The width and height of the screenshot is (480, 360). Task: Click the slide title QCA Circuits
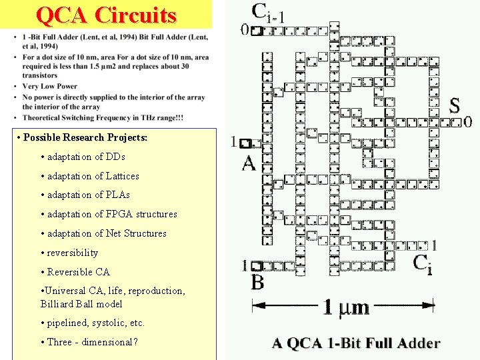(107, 15)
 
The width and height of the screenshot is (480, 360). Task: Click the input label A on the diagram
(249, 163)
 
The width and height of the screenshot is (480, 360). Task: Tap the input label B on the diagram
(257, 283)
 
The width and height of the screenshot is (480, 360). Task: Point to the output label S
(454, 106)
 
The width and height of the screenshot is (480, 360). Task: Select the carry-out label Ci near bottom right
(422, 264)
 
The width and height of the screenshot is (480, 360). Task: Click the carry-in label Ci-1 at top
(268, 12)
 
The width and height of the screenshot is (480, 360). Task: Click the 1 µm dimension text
(346, 307)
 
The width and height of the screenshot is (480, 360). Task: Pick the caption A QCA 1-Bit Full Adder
(356, 344)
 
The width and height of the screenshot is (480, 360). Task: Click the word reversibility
(73, 253)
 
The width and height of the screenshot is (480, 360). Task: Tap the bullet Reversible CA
(78, 272)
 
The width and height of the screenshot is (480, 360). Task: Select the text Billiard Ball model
(81, 303)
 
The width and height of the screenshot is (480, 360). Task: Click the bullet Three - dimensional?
(92, 342)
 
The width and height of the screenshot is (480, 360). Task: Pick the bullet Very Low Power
(50, 86)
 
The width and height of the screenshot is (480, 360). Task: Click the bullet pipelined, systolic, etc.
(92, 323)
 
